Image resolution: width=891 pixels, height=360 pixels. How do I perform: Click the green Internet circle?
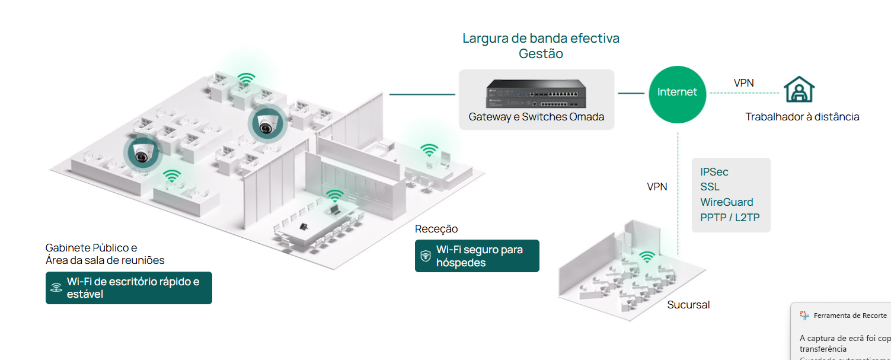pos(677,93)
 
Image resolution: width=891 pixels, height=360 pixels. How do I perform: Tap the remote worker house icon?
pos(799,90)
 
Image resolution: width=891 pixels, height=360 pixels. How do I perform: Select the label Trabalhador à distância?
pos(802,117)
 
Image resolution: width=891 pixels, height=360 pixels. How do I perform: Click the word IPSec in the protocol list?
pos(714,172)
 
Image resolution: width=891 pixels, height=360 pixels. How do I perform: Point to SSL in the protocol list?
pos(710,187)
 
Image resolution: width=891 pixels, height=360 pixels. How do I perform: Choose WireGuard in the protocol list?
pos(726,202)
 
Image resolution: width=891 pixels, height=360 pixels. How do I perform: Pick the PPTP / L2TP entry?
pos(730,218)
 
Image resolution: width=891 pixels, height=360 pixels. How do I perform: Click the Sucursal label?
pos(688,305)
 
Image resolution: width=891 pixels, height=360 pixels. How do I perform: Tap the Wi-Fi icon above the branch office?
pos(647,257)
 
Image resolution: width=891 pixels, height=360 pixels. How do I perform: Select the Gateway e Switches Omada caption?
pos(536,117)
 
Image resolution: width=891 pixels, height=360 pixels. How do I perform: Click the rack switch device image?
pos(536,93)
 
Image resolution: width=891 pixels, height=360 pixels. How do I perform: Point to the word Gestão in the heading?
pos(541,54)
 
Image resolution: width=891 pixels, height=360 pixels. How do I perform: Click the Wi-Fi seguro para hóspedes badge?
pos(477,256)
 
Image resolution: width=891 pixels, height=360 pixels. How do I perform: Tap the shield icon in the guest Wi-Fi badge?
pos(425,256)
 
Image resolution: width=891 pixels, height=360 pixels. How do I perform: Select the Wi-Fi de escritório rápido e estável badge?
pos(129,288)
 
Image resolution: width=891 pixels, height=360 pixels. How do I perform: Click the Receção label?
pos(436,229)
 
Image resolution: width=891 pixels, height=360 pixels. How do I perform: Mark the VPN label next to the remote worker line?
pos(743,83)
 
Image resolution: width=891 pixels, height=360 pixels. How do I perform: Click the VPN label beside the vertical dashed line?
pos(657,187)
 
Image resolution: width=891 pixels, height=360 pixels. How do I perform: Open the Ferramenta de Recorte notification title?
pos(850,316)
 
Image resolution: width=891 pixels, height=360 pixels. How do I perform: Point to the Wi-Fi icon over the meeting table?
pos(334,196)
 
